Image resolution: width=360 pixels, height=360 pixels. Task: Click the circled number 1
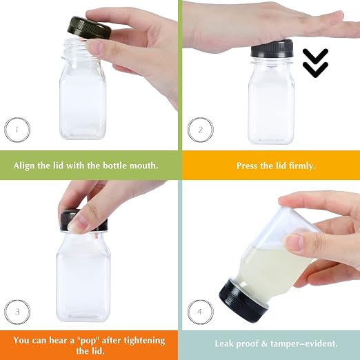tap(17, 130)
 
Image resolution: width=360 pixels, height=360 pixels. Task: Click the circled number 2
tap(200, 130)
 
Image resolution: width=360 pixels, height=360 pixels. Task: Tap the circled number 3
tap(17, 312)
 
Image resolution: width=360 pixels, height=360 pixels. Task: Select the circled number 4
tap(200, 312)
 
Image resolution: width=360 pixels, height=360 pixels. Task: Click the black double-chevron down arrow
tap(315, 63)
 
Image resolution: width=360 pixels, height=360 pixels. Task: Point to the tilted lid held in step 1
tap(89, 28)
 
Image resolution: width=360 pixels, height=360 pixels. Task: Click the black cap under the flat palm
tap(272, 49)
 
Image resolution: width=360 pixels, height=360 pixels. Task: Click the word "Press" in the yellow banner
tap(246, 166)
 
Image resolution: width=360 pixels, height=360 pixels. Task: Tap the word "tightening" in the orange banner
tap(145, 341)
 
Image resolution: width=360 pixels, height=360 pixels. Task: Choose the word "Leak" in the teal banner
tap(224, 343)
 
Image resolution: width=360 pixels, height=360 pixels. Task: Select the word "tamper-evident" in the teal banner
tap(303, 344)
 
